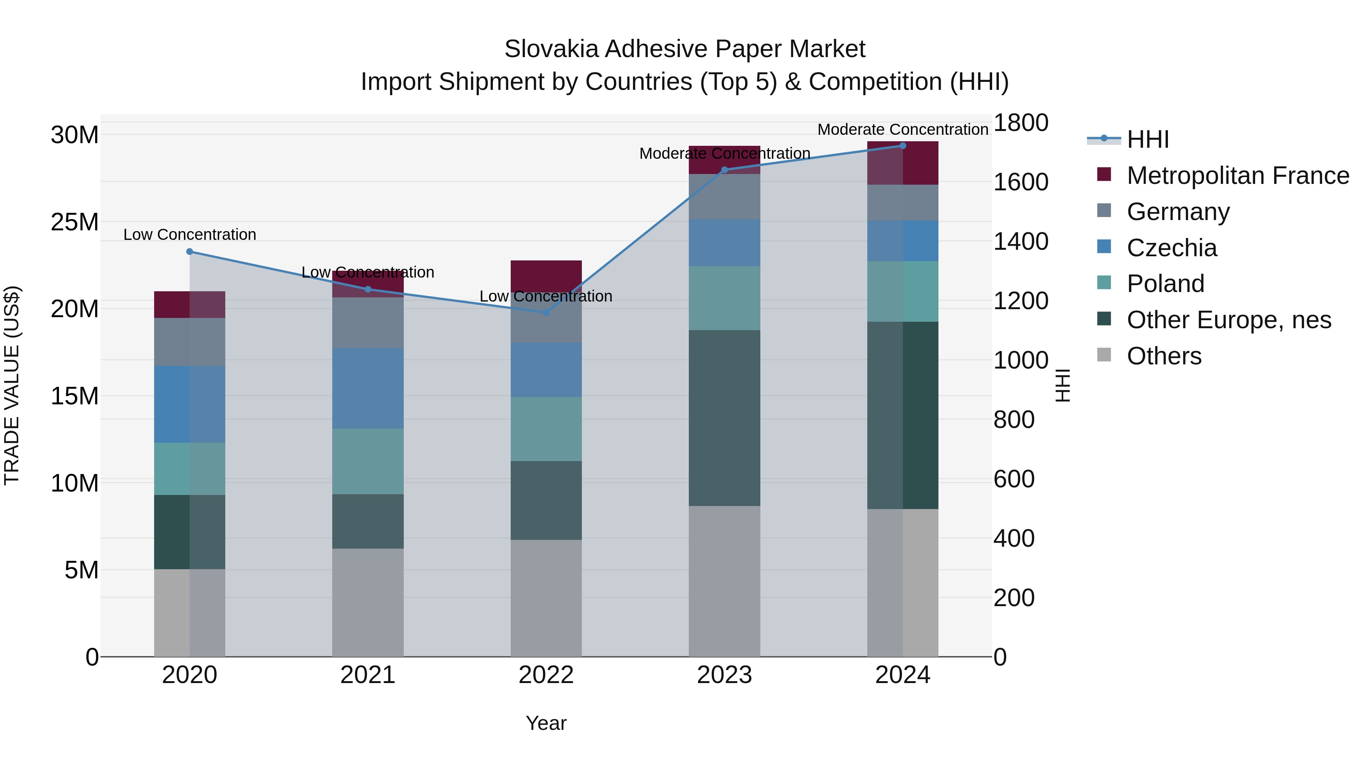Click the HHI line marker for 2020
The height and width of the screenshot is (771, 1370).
pos(190,252)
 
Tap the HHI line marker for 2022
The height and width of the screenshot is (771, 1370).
pos(546,312)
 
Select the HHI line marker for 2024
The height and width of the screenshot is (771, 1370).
pos(903,146)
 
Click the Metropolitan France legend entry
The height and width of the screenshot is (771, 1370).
pos(1238,176)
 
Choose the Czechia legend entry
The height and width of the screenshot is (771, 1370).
pos(1172,248)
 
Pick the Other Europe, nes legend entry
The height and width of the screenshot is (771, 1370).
pos(1228,320)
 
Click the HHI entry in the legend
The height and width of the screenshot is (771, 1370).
pos(1148,139)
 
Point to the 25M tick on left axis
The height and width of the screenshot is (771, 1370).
pos(75,222)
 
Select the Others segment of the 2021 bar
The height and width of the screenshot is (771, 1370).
pos(368,602)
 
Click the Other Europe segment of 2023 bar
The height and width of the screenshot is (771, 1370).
pos(724,418)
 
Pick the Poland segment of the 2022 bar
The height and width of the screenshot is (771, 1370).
pos(546,429)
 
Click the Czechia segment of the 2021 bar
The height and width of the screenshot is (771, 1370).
pos(368,388)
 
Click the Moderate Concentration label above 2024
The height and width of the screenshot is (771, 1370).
pos(903,129)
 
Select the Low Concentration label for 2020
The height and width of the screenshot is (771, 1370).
pos(190,235)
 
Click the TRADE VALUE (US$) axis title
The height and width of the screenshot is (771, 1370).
pos(12,385)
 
